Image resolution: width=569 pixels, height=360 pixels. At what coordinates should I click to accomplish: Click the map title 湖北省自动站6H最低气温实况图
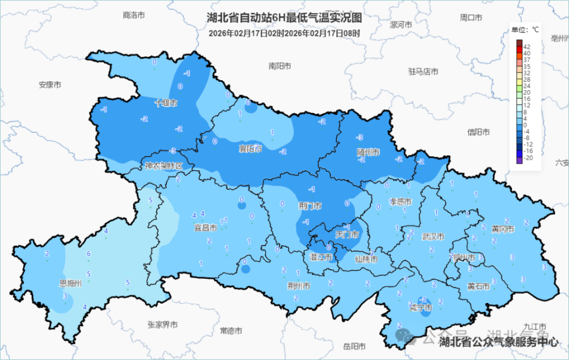click(284, 19)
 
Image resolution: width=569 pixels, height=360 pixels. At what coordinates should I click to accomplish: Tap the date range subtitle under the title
click(284, 33)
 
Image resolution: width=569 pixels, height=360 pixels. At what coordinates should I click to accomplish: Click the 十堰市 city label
click(166, 103)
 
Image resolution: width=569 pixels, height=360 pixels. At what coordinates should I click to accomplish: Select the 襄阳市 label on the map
click(250, 148)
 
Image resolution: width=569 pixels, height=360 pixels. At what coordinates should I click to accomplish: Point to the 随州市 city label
click(368, 152)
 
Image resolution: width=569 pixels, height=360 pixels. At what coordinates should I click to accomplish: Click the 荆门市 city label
click(310, 206)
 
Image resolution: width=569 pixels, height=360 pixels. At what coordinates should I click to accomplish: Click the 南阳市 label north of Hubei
click(280, 66)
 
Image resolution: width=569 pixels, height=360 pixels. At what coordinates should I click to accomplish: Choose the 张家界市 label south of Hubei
click(163, 324)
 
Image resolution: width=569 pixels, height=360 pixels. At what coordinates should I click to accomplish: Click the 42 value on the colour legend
click(527, 46)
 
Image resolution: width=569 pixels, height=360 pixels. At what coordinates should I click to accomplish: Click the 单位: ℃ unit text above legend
click(525, 29)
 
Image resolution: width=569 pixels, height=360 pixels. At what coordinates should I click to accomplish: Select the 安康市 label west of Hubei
click(50, 85)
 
